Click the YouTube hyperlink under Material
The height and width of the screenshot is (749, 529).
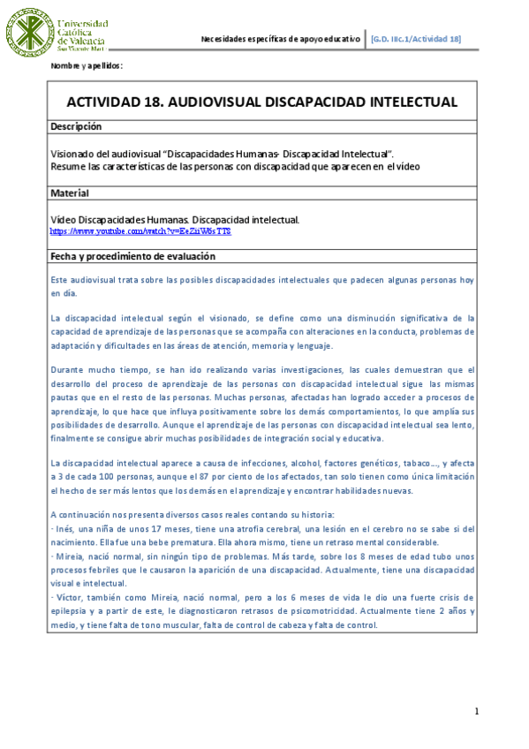[140, 231]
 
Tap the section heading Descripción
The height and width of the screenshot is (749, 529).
[76, 127]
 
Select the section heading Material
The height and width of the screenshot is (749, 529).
[69, 193]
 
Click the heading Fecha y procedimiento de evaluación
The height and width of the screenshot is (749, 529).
[132, 256]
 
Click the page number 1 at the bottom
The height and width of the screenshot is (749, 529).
[476, 712]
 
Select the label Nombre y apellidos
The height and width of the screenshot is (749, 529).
[87, 66]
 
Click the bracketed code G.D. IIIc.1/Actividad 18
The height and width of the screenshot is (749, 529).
[415, 39]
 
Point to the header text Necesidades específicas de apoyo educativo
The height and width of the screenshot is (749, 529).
[280, 39]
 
